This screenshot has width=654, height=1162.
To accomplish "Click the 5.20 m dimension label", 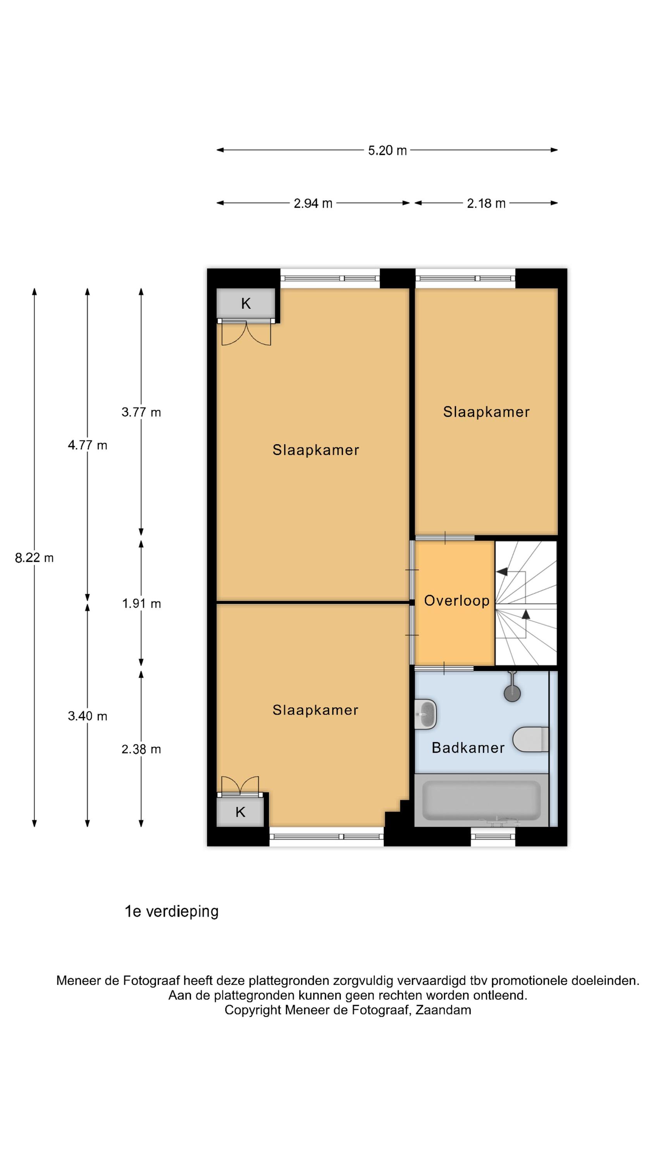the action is click(x=387, y=150).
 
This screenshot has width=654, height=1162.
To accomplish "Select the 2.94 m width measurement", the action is click(x=313, y=203).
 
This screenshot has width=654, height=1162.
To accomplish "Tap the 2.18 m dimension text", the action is click(x=486, y=203).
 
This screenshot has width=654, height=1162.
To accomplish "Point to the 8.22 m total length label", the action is click(x=34, y=558).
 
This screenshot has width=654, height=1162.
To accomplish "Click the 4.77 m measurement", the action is click(x=88, y=445).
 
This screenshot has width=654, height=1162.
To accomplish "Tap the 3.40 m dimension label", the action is click(x=88, y=716).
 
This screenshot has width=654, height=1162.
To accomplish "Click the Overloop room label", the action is click(x=457, y=601).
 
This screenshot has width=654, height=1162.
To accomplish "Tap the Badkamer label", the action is click(x=468, y=748).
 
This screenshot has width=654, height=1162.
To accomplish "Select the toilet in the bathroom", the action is click(x=531, y=739).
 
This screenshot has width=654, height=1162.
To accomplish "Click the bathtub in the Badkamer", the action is click(x=482, y=800).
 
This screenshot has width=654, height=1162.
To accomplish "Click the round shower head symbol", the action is click(x=512, y=694).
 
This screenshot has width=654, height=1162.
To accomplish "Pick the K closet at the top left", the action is click(x=246, y=303).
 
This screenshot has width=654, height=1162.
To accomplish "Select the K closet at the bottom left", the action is click(x=240, y=812).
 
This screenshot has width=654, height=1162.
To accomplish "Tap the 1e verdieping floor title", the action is click(x=172, y=912).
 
